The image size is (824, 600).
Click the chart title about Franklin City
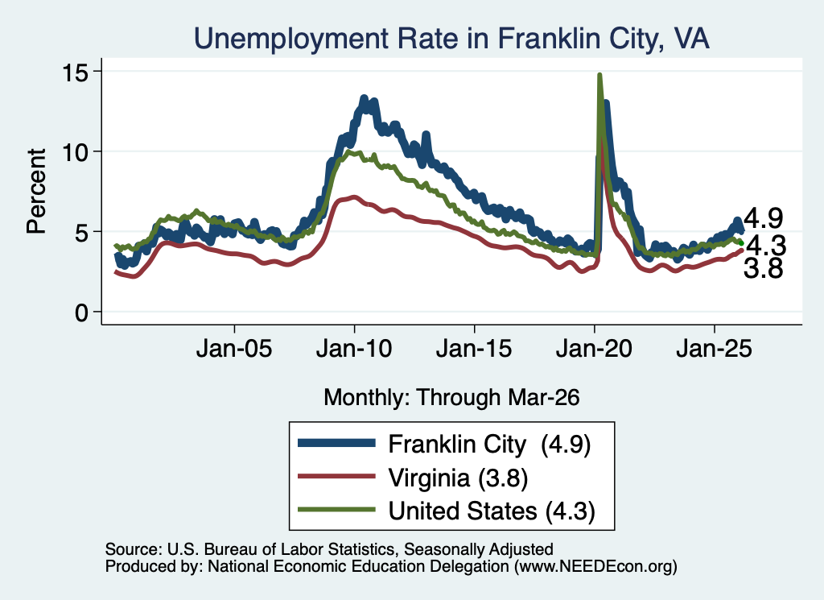(x=451, y=39)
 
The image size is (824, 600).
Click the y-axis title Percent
(x=36, y=191)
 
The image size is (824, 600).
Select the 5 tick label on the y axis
(x=82, y=232)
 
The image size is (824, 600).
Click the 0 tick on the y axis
(x=82, y=312)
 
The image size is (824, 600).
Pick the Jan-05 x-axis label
(x=234, y=348)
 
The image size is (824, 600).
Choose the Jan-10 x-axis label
(x=354, y=348)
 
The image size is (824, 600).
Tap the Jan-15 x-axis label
(x=474, y=348)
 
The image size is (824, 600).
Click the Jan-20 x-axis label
(x=595, y=348)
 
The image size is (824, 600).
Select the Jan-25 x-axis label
(x=715, y=348)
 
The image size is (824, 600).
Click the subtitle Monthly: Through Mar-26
(x=451, y=397)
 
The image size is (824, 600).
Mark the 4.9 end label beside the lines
(x=764, y=217)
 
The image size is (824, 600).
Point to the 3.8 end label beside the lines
(x=764, y=268)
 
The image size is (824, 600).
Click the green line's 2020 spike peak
(x=599, y=75)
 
